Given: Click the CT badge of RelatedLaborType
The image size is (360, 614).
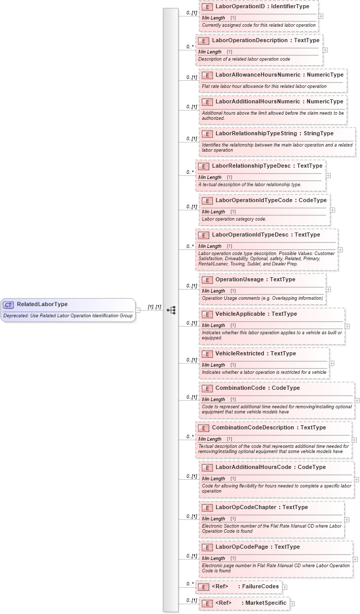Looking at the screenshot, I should pyautogui.click(x=9, y=304).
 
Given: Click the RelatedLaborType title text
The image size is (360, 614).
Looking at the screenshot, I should pyautogui.click(x=42, y=304).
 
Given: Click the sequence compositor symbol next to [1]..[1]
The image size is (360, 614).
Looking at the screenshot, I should pyautogui.click(x=171, y=310).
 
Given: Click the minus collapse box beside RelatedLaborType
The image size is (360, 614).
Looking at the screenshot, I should pyautogui.click(x=138, y=310).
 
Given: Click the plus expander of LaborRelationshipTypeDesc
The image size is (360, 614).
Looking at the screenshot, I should pyautogui.click(x=328, y=175).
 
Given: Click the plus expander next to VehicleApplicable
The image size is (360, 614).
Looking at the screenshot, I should pyautogui.click(x=347, y=326).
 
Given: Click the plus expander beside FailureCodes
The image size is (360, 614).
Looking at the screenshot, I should pyautogui.click(x=284, y=587).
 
